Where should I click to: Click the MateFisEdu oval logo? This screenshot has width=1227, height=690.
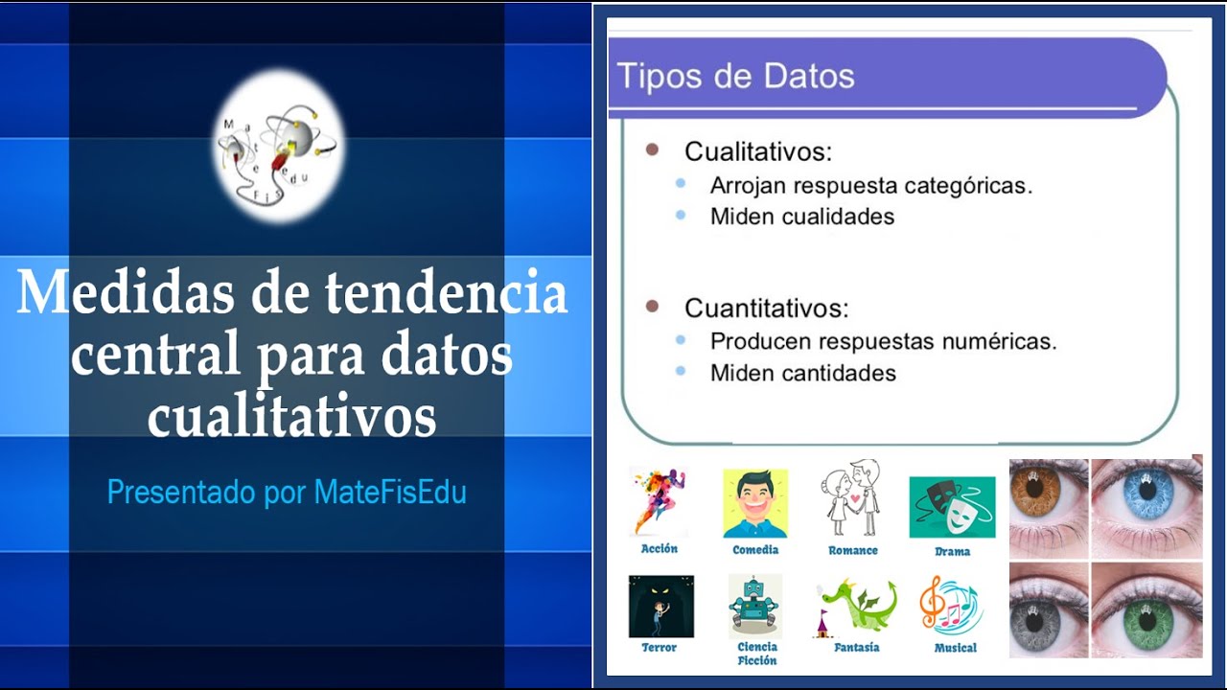[x=276, y=146]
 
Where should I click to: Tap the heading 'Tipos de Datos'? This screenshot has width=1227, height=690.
[x=735, y=76]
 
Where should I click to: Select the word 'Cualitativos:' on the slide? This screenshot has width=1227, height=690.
[x=757, y=151]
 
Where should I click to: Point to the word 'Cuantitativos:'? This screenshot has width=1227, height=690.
[x=766, y=309]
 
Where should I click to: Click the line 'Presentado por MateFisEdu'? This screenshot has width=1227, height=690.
[x=287, y=493]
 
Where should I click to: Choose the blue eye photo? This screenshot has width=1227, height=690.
[x=1147, y=505]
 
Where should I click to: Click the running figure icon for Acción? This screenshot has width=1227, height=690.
[x=660, y=501]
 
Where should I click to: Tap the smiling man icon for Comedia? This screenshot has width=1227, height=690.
[x=755, y=503]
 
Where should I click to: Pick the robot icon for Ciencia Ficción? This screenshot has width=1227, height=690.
[x=755, y=606]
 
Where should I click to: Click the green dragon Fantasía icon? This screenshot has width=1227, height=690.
[x=856, y=606]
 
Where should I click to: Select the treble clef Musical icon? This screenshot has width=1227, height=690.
[x=951, y=606]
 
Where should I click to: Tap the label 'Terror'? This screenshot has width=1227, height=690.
[x=660, y=648]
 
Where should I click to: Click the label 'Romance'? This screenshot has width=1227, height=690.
[x=853, y=551]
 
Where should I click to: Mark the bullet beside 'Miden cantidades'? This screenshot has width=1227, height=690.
[x=681, y=371]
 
